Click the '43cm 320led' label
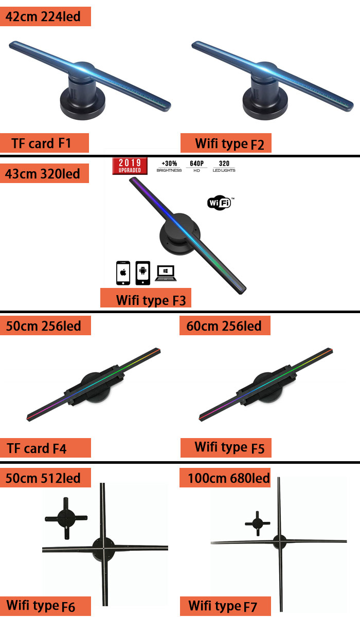pyautogui.click(x=44, y=174)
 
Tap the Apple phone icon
pyautogui.click(x=123, y=273)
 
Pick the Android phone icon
pyautogui.click(x=142, y=273)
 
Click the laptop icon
pyautogui.click(x=166, y=273)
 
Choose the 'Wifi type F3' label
pyautogui.click(x=146, y=299)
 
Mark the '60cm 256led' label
pyautogui.click(x=225, y=325)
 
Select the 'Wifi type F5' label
pyautogui.click(x=226, y=447)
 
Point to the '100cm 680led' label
pyautogui.click(x=225, y=478)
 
